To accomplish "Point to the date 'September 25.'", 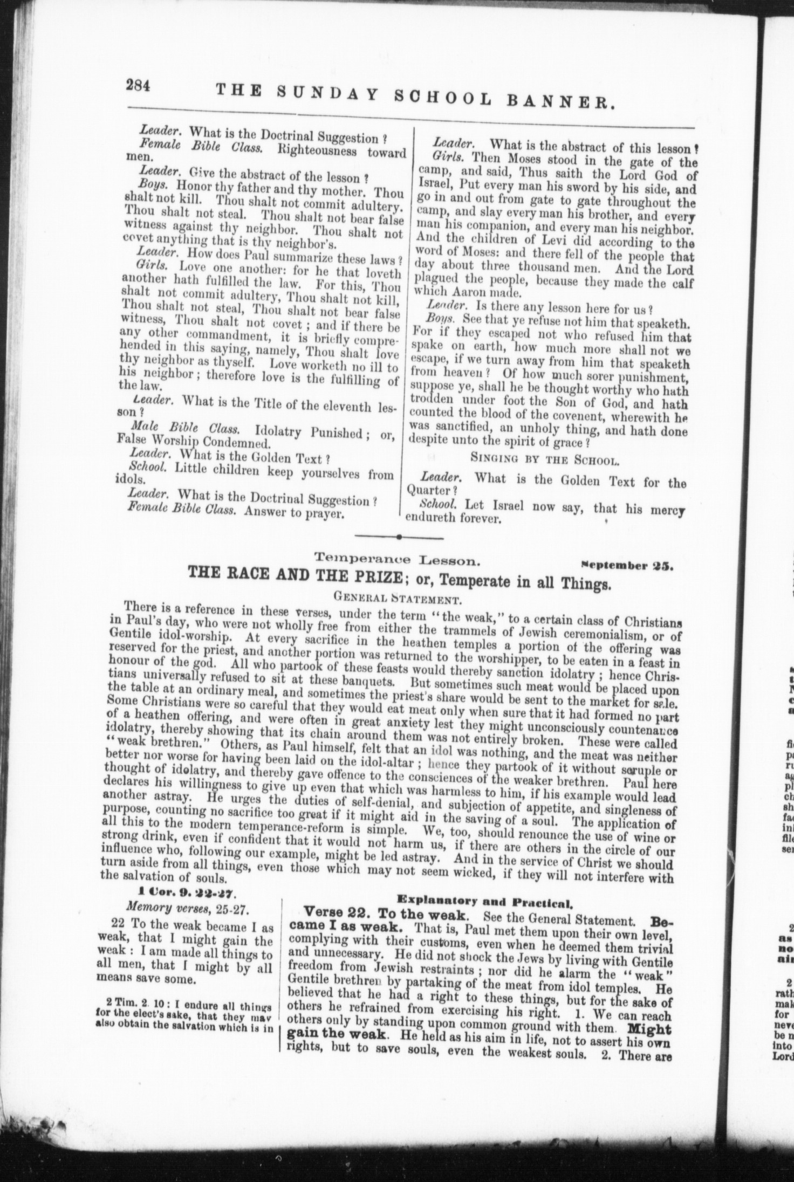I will [x=626, y=566].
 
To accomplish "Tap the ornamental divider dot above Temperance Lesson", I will [x=398, y=537].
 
